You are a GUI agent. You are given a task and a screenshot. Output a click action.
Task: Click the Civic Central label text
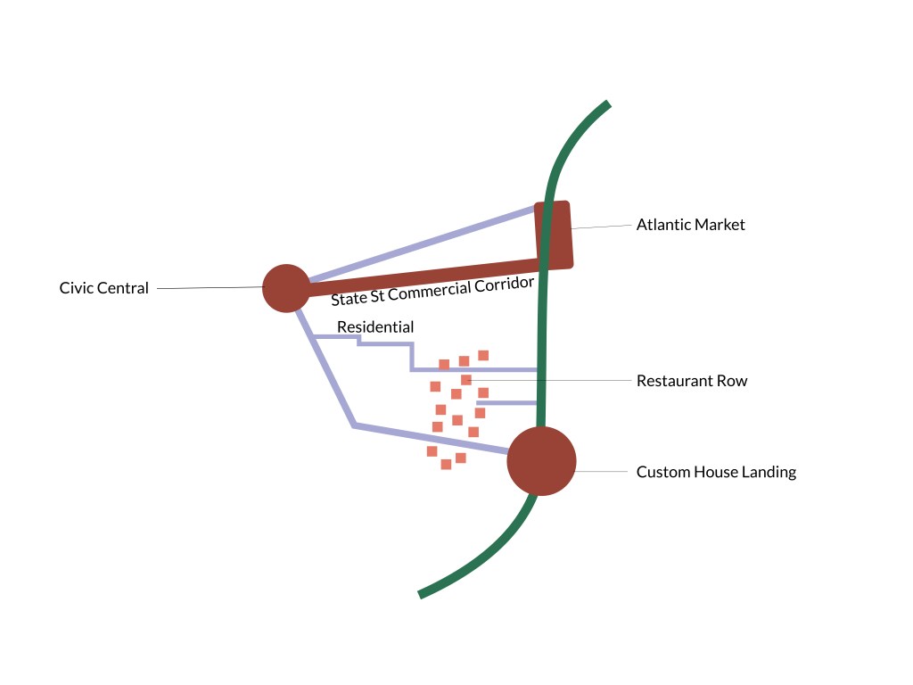click(x=103, y=288)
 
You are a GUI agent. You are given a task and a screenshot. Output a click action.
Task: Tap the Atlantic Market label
click(x=690, y=225)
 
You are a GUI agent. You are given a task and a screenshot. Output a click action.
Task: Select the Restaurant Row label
click(x=691, y=381)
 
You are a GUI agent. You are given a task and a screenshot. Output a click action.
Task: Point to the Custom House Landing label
click(x=715, y=472)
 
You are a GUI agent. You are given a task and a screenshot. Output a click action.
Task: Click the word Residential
click(x=374, y=327)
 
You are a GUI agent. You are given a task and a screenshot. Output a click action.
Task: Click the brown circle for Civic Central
click(x=286, y=288)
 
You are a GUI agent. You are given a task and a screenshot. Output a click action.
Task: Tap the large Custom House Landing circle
click(x=541, y=461)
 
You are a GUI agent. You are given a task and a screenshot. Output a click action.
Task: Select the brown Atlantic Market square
click(x=554, y=235)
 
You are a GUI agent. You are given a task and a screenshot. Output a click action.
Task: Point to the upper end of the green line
click(x=607, y=105)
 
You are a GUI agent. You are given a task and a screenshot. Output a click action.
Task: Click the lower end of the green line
click(x=422, y=593)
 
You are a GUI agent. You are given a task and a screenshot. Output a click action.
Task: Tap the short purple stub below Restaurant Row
click(x=506, y=403)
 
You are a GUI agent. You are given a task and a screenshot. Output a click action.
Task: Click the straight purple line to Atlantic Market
click(x=419, y=243)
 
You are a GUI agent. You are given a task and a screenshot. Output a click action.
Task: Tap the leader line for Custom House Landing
click(x=602, y=471)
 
